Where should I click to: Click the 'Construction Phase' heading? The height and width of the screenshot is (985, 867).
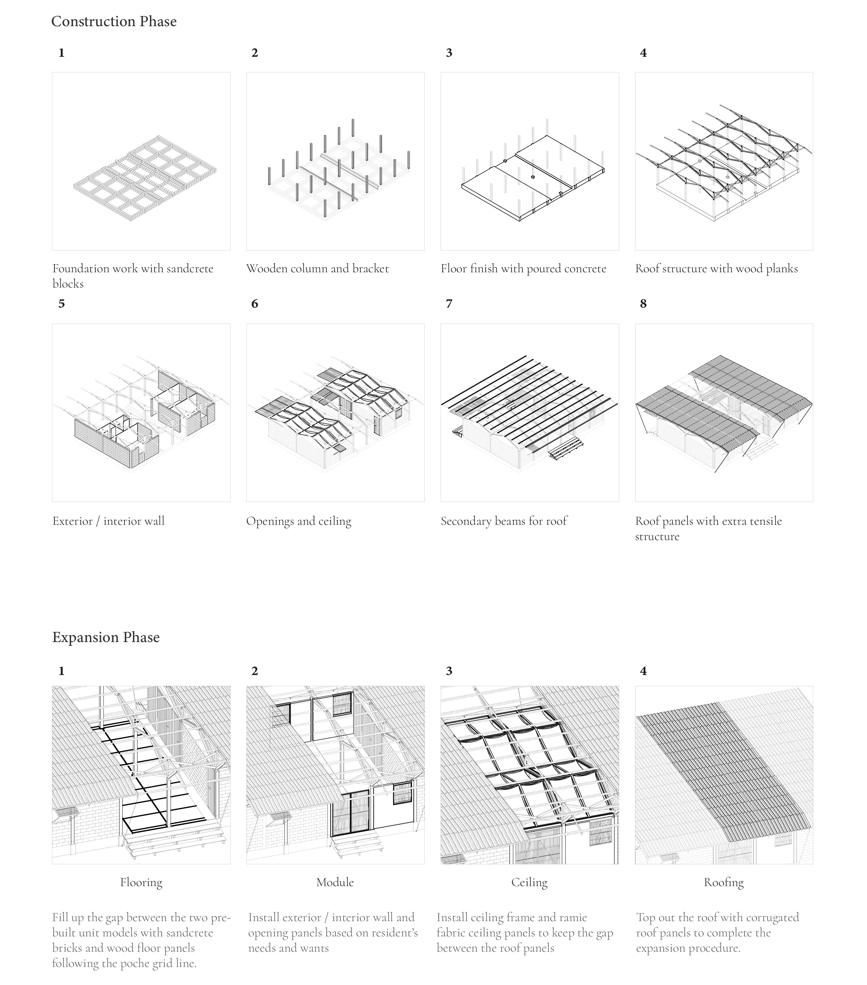coord(114,22)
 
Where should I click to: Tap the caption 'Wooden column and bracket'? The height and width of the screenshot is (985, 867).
coord(317,269)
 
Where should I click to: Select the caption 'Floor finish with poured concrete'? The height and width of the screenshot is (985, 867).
coord(523,269)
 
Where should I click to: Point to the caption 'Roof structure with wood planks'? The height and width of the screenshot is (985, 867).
coord(716,269)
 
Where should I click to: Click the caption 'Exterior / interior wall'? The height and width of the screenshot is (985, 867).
coord(108,521)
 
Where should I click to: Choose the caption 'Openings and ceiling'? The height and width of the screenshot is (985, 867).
coord(299,521)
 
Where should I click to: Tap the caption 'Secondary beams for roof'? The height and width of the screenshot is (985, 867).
coord(504,521)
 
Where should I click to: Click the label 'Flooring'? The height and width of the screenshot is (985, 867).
coord(141,882)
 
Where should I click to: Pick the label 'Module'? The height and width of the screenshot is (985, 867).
coord(335,882)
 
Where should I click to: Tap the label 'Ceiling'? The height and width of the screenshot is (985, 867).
coord(529,882)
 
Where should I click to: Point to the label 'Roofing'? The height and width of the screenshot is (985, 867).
coord(724,882)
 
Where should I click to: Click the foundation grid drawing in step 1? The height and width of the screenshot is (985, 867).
coord(144,178)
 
